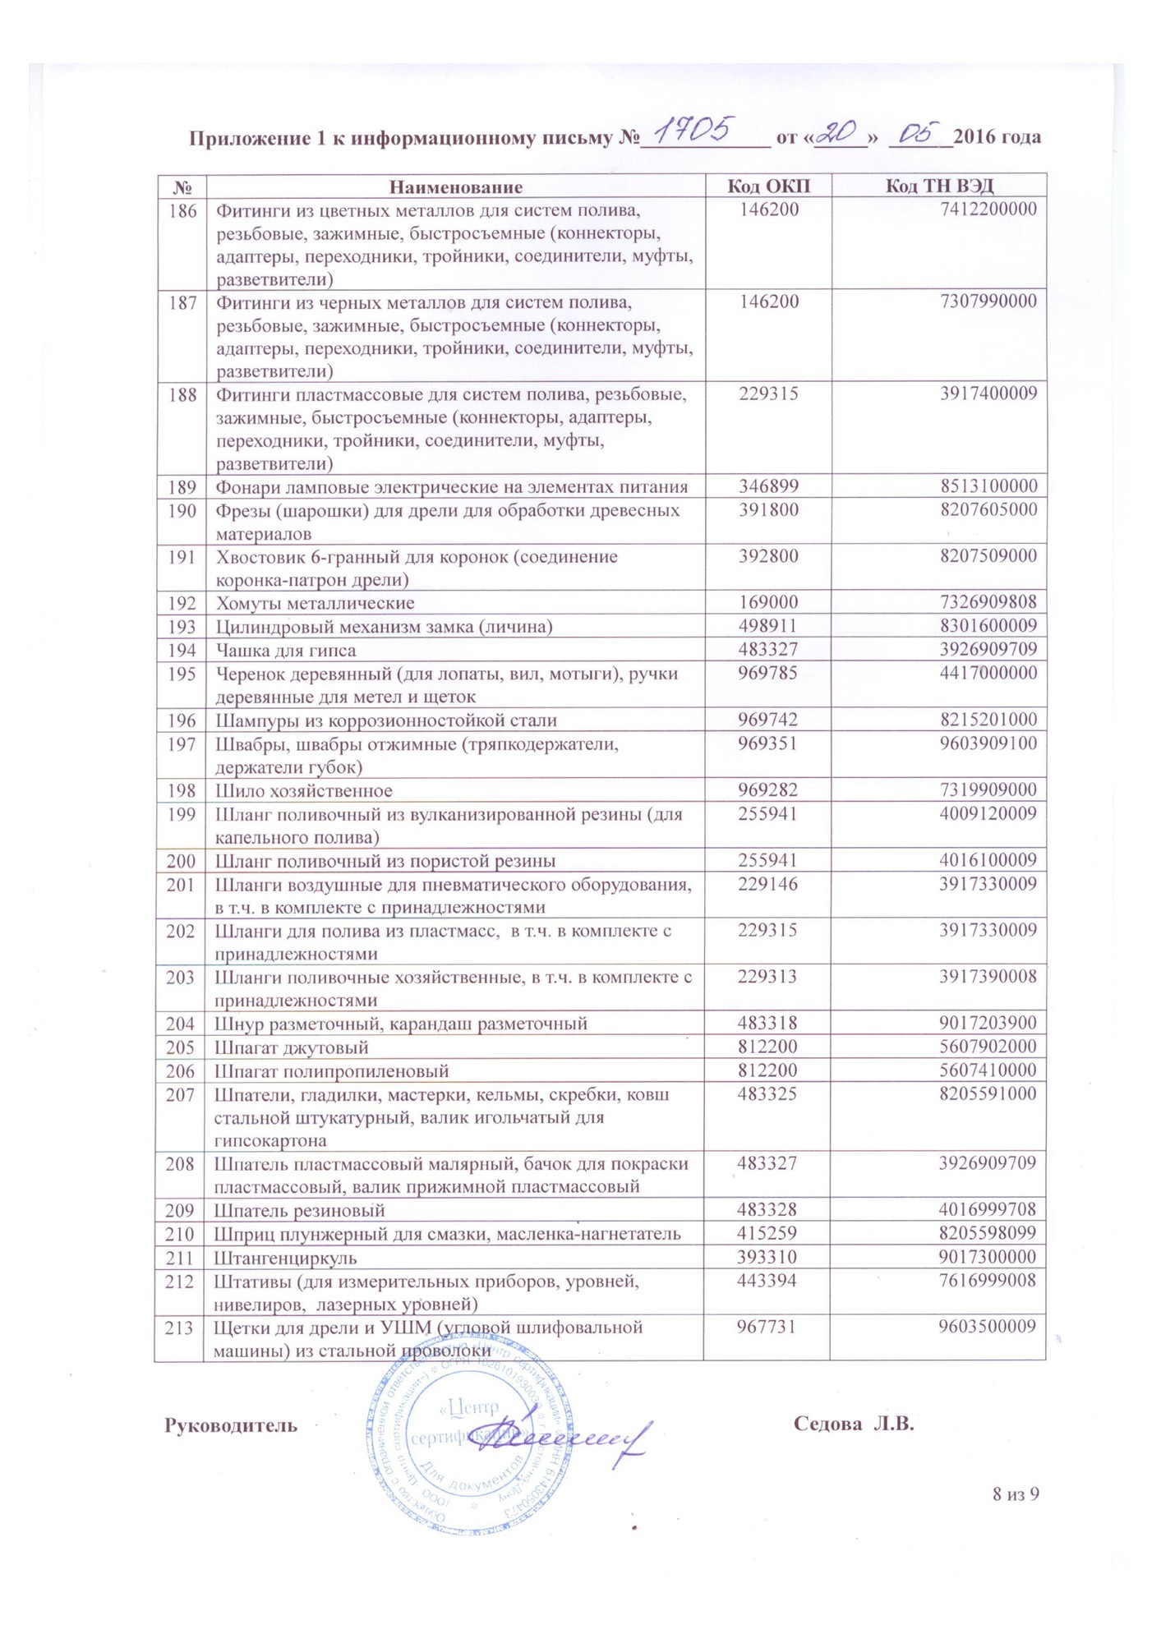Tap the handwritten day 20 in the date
coord(837,132)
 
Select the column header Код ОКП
coord(768,186)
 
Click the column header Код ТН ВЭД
coord(939,186)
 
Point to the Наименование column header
coord(455,186)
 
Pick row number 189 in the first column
coord(182,486)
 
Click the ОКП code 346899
coord(768,486)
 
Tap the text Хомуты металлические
coord(315,604)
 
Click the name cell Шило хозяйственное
coord(304,791)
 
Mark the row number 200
coord(182,861)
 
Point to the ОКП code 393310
coord(767,1257)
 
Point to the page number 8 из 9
coord(1016,1494)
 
